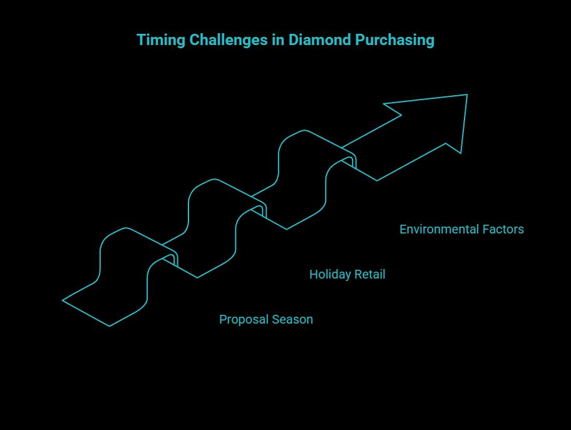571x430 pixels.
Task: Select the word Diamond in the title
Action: tap(320, 40)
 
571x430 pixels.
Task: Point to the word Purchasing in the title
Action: tap(395, 40)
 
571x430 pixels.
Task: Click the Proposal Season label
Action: tap(266, 320)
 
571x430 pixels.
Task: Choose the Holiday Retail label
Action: tap(347, 275)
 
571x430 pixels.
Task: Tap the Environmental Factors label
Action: tap(461, 230)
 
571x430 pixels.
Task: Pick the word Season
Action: tap(291, 320)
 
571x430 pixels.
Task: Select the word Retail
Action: tap(370, 275)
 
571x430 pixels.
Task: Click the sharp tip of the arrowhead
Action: tap(466, 95)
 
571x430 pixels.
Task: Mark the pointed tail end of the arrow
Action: tap(64, 300)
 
